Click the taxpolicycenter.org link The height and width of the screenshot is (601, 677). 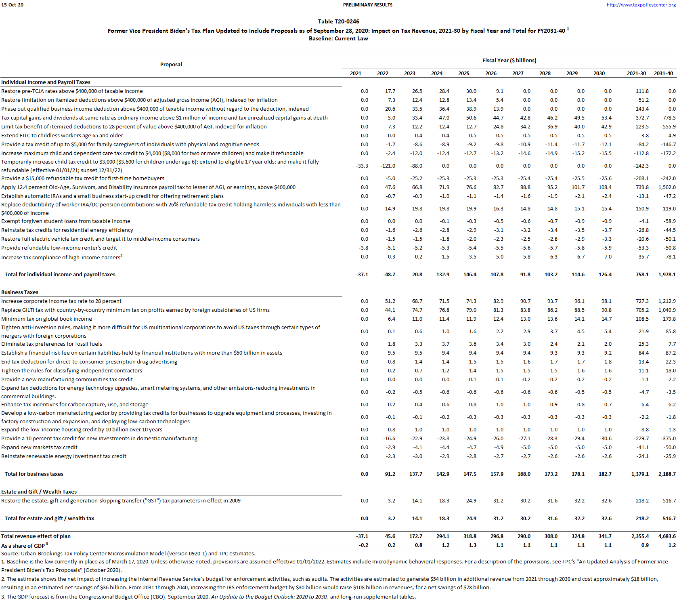click(641, 5)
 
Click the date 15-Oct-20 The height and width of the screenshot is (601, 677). click(12, 5)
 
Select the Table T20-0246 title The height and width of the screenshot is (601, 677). click(338, 21)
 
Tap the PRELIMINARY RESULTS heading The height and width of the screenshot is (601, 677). click(367, 5)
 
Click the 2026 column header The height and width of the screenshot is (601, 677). click(490, 74)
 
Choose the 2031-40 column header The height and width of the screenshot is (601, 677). click(663, 74)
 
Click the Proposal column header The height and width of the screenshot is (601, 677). click(171, 64)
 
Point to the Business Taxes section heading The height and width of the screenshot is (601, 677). click(20, 292)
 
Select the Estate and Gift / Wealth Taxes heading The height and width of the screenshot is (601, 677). click(39, 492)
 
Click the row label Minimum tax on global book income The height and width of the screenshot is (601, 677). click(46, 319)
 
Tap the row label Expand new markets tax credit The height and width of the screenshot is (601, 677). click(39, 447)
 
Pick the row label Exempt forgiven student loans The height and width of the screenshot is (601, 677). click(65, 221)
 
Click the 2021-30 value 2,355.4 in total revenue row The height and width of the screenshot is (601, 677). click(640, 536)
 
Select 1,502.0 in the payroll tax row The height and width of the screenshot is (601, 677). click(667, 187)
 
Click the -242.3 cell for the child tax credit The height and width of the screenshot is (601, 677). click(641, 166)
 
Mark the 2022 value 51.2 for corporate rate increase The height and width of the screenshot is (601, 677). click(390, 301)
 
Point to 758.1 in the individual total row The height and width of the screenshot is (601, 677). click(642, 274)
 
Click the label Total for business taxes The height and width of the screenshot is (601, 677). click(34, 474)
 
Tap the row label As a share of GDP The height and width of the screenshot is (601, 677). click(23, 546)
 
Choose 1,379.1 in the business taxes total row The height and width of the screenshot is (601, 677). click(640, 474)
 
